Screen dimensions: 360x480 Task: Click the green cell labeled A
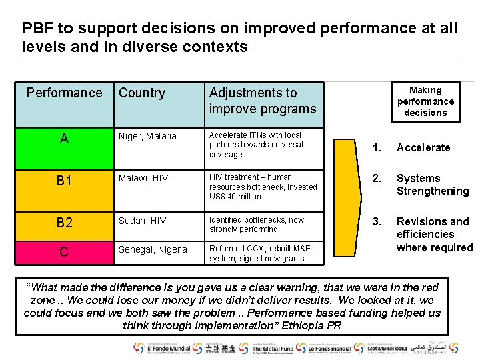coord(64,148)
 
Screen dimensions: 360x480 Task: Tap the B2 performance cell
coord(64,223)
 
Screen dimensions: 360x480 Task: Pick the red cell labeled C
coord(64,252)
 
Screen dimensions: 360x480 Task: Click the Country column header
coord(142,93)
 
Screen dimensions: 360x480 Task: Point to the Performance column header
coord(64,93)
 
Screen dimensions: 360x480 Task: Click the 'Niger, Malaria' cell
coord(147,136)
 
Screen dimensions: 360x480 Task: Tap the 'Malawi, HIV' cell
coord(143,178)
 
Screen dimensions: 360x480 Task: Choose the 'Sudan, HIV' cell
coord(142,221)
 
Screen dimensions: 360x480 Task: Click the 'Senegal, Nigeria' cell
coord(153,249)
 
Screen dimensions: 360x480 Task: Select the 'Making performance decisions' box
coord(425,101)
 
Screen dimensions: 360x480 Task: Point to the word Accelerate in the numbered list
coord(423,147)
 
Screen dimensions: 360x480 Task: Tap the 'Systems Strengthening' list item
coord(432,185)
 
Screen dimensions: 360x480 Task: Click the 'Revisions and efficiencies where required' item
coord(434,234)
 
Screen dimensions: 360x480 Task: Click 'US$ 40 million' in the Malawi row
coord(235,197)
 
